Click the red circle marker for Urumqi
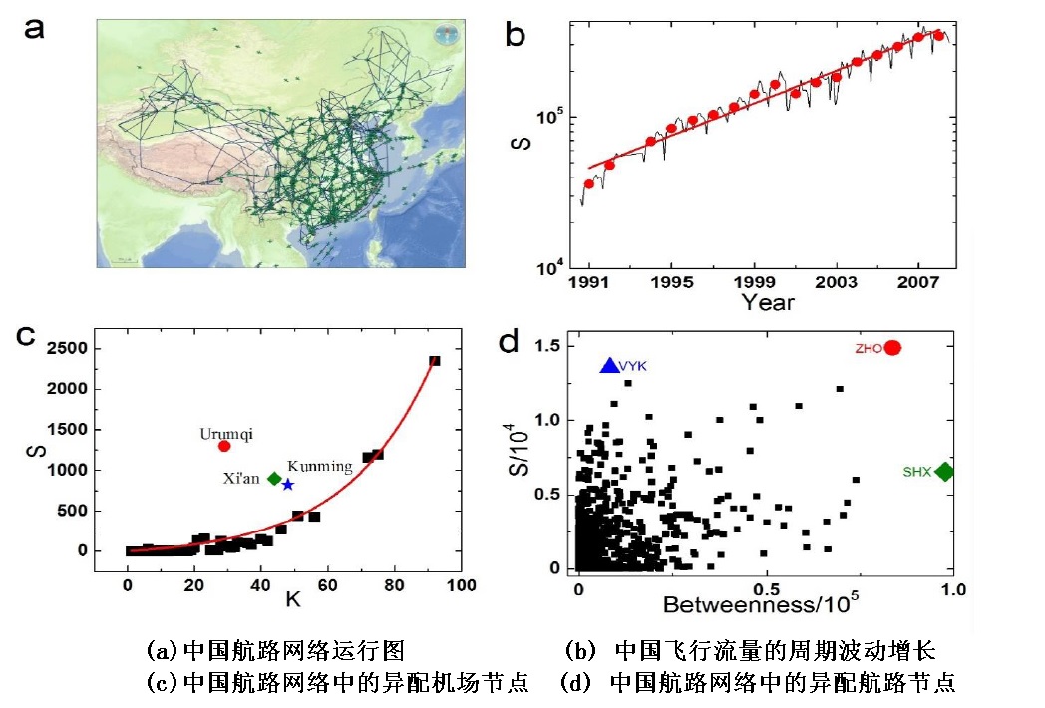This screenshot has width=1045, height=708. click(x=224, y=446)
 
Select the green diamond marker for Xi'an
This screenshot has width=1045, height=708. click(x=274, y=478)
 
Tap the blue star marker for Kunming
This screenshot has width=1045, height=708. click(x=287, y=484)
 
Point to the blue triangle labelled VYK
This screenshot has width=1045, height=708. click(x=610, y=366)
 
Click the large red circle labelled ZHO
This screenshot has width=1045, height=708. click(x=892, y=347)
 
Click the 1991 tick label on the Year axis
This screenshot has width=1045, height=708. click(x=589, y=282)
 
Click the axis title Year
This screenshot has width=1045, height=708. click(x=767, y=302)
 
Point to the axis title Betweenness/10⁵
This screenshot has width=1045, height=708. click(x=762, y=605)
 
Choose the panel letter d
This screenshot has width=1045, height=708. click(x=509, y=342)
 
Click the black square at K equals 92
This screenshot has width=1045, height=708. click(x=434, y=361)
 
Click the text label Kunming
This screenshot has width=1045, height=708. click(x=319, y=466)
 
